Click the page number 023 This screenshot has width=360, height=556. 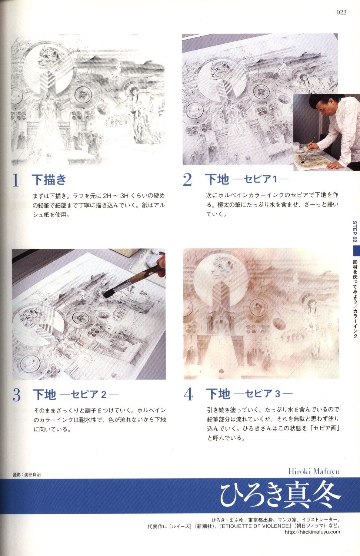pyautogui.click(x=341, y=12)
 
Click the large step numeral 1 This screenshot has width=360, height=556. pyautogui.click(x=16, y=180)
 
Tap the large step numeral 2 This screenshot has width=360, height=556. pyautogui.click(x=187, y=180)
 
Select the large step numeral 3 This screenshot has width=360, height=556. pyautogui.click(x=17, y=395)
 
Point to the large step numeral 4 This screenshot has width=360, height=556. pyautogui.click(x=189, y=394)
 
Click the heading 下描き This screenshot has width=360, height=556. pyautogui.click(x=49, y=179)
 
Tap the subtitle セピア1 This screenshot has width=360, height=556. pyautogui.click(x=260, y=179)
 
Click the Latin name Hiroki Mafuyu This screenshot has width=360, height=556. pyautogui.click(x=314, y=471)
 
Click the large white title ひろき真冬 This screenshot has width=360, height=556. pyautogui.click(x=280, y=496)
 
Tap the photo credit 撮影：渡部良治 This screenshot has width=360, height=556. pyautogui.click(x=27, y=475)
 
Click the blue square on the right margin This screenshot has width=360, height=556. pyautogui.click(x=356, y=251)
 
